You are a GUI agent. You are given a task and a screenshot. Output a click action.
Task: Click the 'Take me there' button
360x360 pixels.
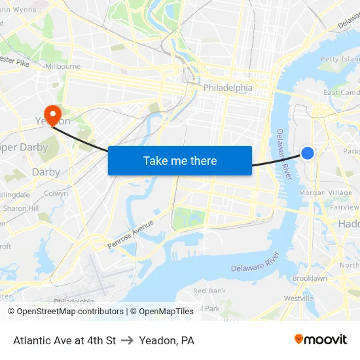point(180,160)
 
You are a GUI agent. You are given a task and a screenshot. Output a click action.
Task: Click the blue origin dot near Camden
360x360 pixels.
point(308,153)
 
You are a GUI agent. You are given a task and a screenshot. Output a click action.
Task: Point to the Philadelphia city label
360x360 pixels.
point(228,88)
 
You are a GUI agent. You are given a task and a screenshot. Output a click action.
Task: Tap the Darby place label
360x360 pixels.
point(46,172)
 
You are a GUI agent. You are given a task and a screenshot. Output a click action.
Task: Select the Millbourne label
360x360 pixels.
point(63,66)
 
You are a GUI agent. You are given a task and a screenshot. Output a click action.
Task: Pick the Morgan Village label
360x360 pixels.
point(325,193)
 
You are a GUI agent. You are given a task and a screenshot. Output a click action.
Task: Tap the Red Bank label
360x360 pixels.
point(209,291)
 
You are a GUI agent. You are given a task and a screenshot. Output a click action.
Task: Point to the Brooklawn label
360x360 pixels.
point(310,278)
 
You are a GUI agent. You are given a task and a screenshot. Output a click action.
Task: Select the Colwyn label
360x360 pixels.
point(56,194)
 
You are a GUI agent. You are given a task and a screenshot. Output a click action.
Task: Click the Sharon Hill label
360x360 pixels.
point(21,208)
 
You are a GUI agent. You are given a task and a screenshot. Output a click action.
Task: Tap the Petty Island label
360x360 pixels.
point(340,59)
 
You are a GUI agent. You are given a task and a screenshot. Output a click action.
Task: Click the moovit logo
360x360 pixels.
point(321,339)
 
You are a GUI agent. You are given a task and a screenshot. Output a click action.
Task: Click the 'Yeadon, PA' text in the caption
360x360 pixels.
point(167,340)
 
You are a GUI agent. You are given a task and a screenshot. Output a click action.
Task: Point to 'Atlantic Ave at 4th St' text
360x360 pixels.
point(64,340)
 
